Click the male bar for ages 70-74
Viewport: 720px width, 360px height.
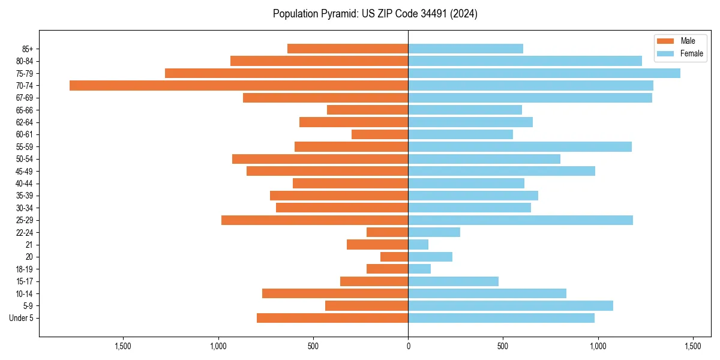[239, 85]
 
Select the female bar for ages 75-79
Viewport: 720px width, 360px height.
[544, 73]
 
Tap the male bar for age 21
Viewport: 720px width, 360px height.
[377, 244]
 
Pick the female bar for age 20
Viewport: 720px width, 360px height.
[430, 257]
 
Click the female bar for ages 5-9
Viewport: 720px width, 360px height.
[511, 305]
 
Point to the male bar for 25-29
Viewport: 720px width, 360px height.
[315, 220]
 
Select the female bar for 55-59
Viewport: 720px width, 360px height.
[520, 146]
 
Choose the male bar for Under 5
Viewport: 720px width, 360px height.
[332, 318]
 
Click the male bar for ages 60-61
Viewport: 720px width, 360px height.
[380, 134]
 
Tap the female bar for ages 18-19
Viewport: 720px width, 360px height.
[419, 269]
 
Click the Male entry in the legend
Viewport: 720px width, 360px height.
[679, 41]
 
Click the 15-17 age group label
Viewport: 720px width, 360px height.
[25, 281]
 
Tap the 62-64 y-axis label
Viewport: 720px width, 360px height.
[25, 122]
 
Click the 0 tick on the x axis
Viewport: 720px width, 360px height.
[408, 347]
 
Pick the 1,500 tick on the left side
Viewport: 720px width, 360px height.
[122, 347]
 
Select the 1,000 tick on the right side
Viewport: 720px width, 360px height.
[598, 347]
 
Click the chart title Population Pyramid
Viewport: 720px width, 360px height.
[375, 14]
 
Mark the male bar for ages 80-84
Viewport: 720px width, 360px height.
[319, 61]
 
